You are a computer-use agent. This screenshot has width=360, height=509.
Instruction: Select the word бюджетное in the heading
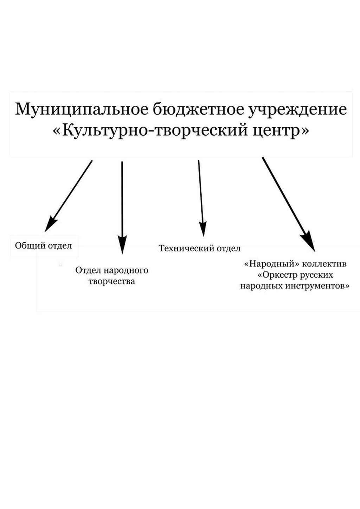pos(197,109)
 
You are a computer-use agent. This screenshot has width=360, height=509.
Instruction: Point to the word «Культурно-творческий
pos(150,131)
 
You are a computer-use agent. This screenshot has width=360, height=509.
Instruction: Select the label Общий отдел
pos(43,246)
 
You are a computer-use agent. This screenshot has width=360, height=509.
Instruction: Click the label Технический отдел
pos(200,249)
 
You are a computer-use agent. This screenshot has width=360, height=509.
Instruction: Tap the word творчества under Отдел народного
pos(112,281)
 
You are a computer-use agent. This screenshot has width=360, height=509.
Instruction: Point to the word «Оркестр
pos(278,275)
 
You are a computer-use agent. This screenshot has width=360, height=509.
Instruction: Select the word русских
pos(317,275)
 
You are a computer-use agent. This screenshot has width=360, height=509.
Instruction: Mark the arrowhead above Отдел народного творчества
pos(122,244)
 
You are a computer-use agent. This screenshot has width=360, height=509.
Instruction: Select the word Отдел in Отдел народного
pos(88,270)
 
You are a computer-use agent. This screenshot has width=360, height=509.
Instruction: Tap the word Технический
pos(186,249)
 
